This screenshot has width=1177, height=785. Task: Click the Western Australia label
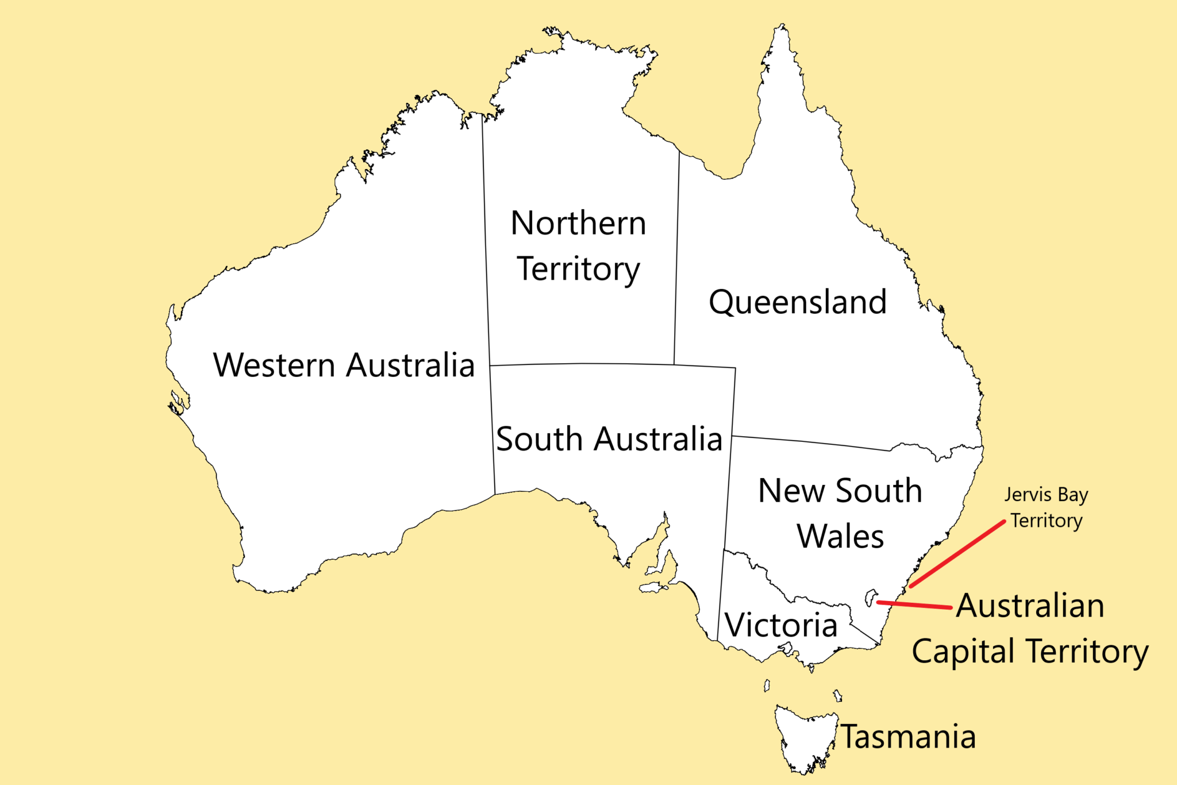[344, 365]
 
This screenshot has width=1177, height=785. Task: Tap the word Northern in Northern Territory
[578, 223]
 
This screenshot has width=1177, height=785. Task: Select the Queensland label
[798, 302]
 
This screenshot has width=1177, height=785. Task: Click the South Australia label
[609, 439]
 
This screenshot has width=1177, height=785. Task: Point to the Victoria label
[780, 625]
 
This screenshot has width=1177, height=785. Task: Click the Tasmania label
[908, 737]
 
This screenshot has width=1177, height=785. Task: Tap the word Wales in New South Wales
[840, 537]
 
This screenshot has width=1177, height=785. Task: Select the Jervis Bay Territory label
[1046, 507]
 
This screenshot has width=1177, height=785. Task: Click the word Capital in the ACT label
[963, 652]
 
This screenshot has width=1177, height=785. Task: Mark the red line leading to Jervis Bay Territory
[957, 555]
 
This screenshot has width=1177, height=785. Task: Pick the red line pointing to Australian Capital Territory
[914, 605]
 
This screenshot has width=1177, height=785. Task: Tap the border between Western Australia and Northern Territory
[486, 241]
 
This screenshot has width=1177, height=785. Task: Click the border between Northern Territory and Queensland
[676, 259]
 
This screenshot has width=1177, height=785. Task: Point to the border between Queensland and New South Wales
[810, 442]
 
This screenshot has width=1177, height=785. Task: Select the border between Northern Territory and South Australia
[580, 364]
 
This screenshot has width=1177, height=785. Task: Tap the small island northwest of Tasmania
[767, 686]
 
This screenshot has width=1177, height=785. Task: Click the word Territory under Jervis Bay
[1047, 521]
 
